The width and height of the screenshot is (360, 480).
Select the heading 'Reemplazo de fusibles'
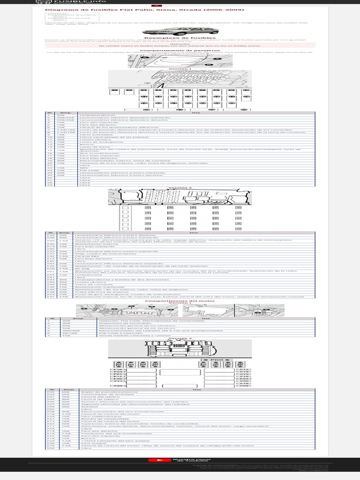[180, 39]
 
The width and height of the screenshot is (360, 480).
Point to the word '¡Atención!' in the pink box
[180, 44]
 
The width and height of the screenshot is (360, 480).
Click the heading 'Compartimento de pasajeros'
[180, 50]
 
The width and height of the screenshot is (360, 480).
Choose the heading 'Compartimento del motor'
[180, 300]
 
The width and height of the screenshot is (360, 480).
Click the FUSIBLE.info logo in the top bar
[52, 2]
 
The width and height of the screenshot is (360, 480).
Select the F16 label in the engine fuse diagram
[119, 369]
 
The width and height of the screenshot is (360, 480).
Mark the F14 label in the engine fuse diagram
[243, 369]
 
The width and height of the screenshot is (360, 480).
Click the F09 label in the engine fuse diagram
[243, 386]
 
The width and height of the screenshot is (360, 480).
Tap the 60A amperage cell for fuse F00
[66, 392]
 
